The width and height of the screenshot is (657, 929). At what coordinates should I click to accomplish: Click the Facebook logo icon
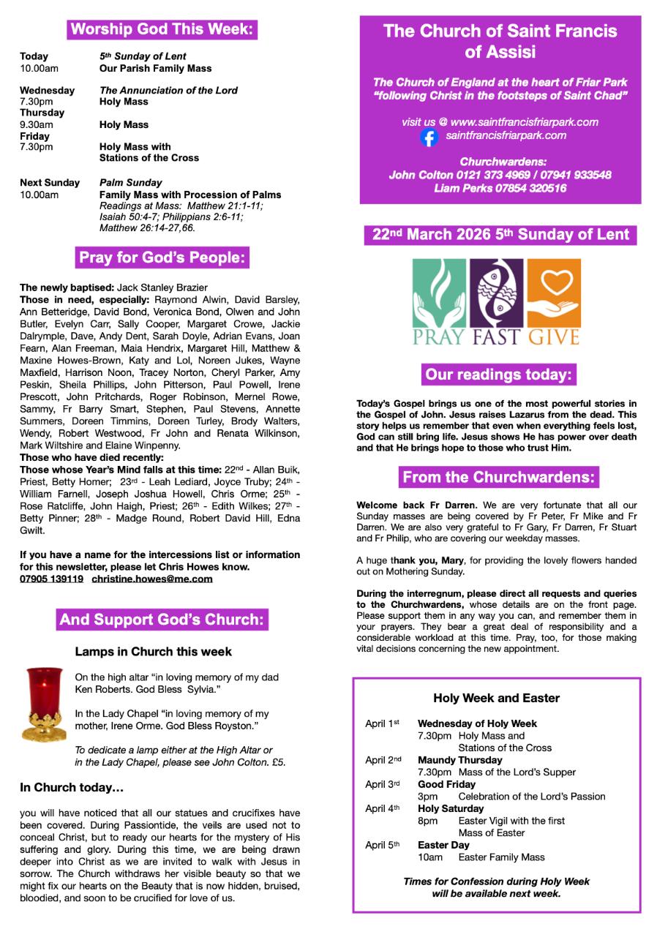(429, 137)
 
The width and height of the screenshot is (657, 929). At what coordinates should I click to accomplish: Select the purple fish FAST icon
(496, 292)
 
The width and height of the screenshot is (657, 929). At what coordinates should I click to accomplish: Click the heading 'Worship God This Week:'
(162, 30)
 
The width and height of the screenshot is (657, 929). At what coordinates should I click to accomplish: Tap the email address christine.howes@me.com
(152, 579)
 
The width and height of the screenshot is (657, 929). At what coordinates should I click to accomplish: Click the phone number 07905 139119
(51, 579)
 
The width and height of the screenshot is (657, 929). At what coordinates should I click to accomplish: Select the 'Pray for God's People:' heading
(162, 257)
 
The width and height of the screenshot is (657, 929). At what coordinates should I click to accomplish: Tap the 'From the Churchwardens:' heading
(500, 478)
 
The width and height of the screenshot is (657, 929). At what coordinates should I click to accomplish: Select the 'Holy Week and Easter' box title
(496, 698)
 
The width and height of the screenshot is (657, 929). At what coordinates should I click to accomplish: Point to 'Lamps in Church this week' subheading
(153, 651)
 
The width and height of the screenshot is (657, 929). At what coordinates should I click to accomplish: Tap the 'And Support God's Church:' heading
(162, 620)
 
